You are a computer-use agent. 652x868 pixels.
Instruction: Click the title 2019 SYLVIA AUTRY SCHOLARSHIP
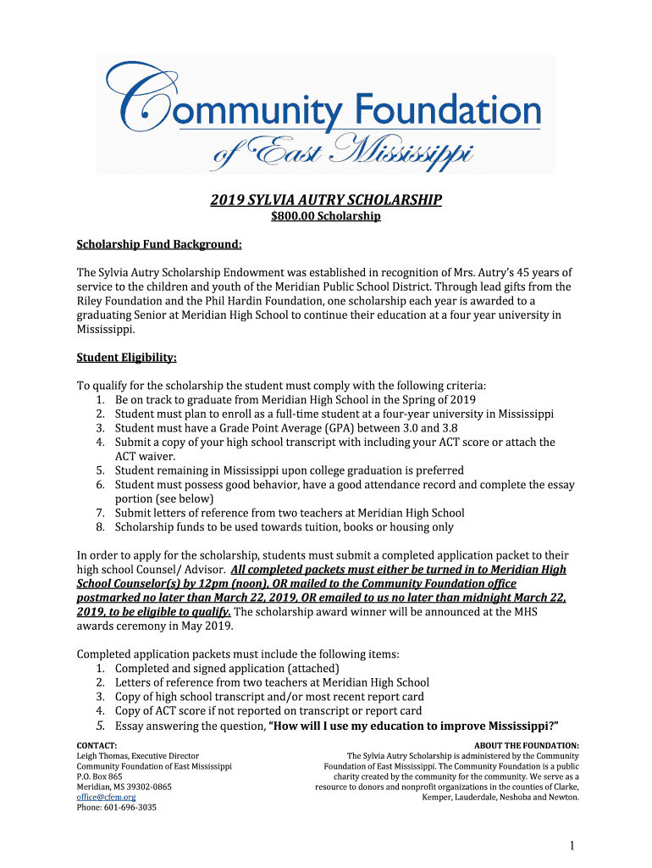[326, 200]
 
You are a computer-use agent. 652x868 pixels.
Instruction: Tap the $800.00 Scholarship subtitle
[326, 217]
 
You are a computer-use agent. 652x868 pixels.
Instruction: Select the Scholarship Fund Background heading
[159, 245]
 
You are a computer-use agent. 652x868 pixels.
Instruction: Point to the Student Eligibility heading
[127, 358]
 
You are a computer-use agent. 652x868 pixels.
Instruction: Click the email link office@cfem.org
[106, 797]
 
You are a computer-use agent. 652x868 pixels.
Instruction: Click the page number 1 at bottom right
[573, 846]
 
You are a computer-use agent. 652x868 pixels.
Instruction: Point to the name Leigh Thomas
[103, 755]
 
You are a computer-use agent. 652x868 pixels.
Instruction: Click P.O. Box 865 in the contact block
[100, 776]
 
